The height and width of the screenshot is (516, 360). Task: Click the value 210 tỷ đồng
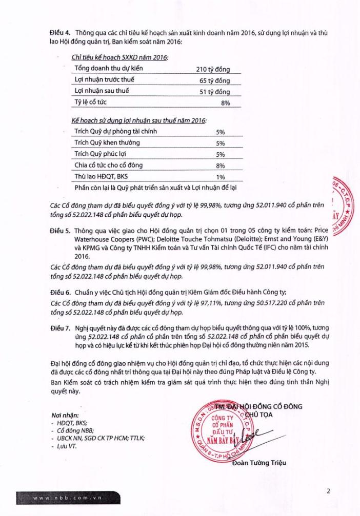tap(213, 69)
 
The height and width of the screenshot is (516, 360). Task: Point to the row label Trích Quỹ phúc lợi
tap(100, 154)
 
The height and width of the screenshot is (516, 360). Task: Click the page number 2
tap(329, 491)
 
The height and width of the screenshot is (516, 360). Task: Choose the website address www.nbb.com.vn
tap(58, 499)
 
